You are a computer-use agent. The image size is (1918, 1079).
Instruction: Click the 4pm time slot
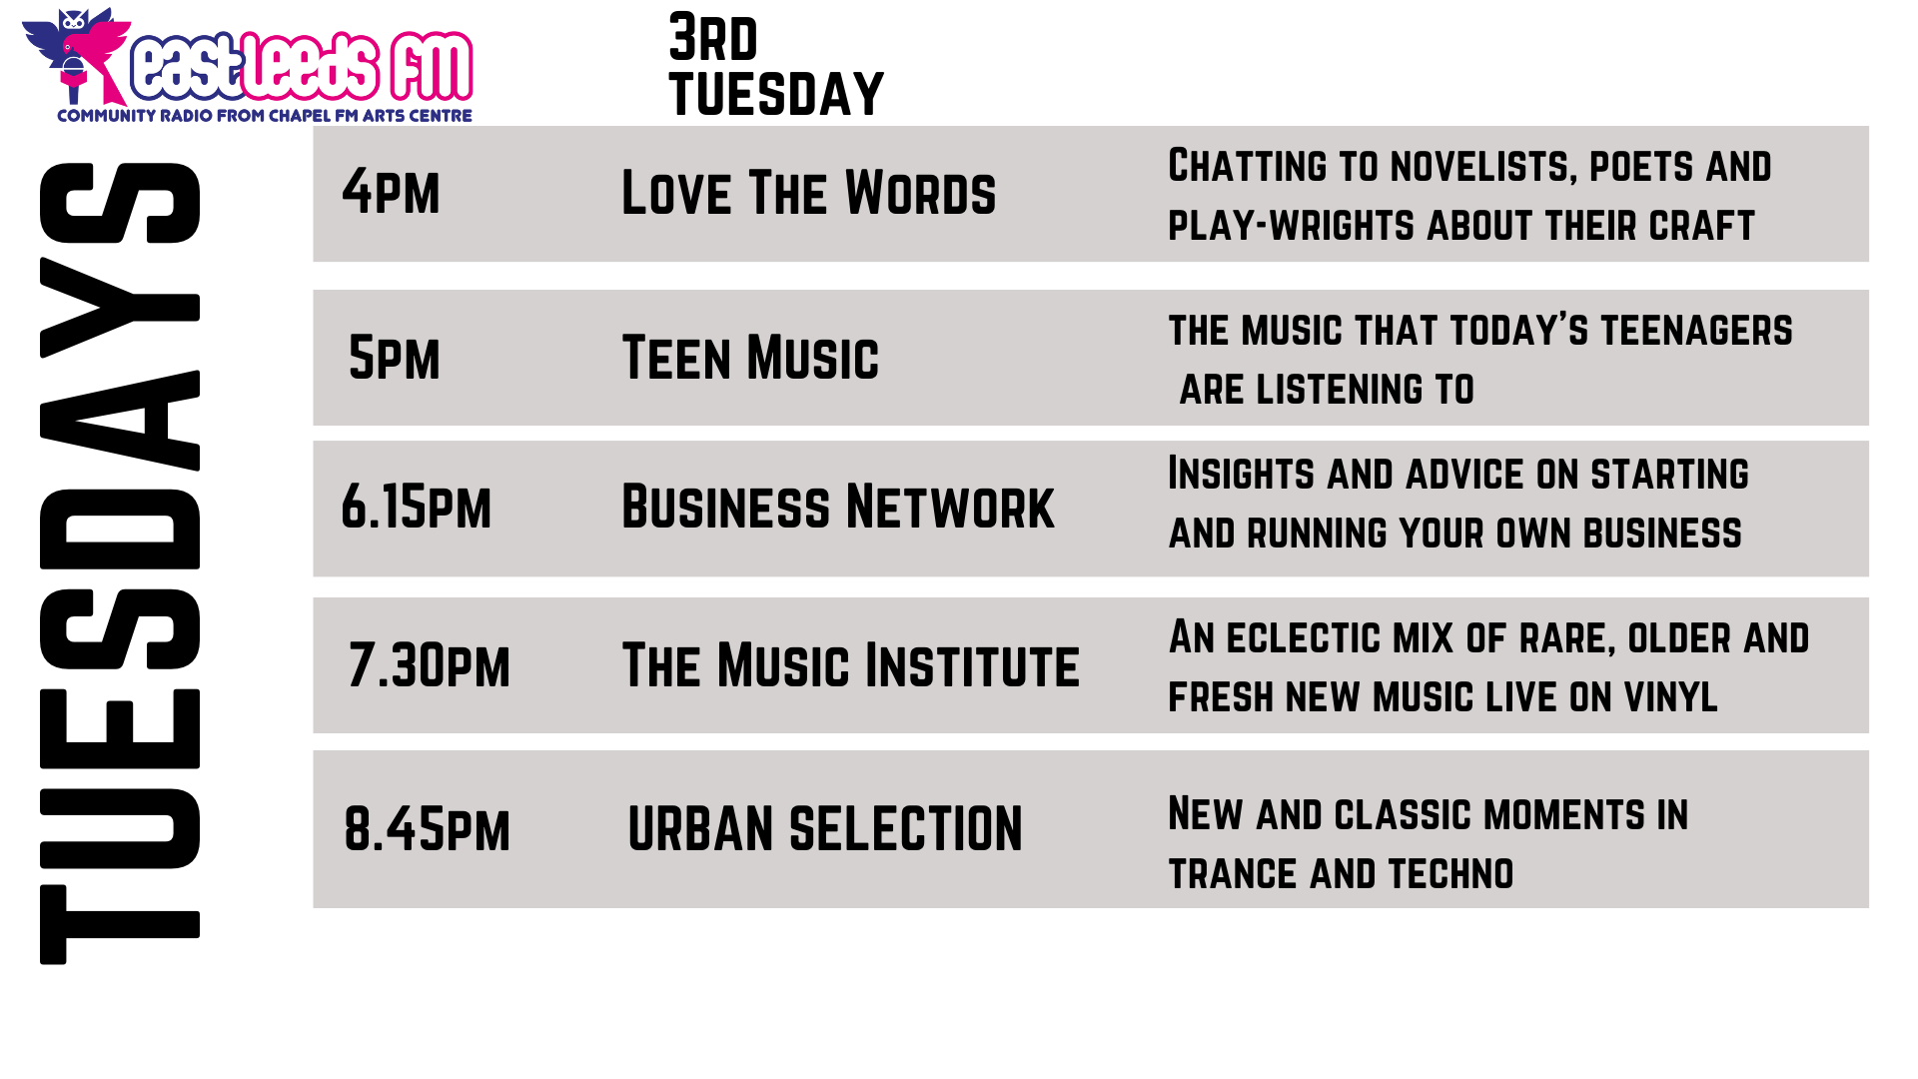(x=391, y=193)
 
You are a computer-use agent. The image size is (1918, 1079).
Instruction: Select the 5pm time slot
(x=395, y=358)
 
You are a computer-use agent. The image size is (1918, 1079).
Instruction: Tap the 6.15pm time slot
(x=417, y=507)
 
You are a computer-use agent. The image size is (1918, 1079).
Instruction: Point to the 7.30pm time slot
(x=429, y=665)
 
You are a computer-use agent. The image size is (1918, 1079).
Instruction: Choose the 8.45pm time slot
(x=427, y=829)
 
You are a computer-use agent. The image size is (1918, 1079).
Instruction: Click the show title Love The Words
(x=808, y=193)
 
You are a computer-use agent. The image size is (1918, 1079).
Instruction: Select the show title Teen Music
(x=750, y=358)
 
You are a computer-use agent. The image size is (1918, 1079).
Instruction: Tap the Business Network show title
(x=837, y=507)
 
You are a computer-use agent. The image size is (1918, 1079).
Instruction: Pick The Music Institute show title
(x=850, y=665)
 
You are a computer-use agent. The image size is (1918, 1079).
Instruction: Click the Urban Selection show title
(x=825, y=829)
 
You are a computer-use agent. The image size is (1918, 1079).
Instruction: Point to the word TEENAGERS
(x=1696, y=331)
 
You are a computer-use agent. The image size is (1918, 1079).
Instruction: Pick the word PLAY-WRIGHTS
(x=1293, y=226)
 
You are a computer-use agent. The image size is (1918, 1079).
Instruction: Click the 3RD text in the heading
(x=713, y=38)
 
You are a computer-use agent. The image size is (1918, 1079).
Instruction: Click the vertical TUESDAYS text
(x=120, y=562)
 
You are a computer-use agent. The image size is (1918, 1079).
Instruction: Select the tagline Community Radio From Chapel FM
(x=265, y=116)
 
